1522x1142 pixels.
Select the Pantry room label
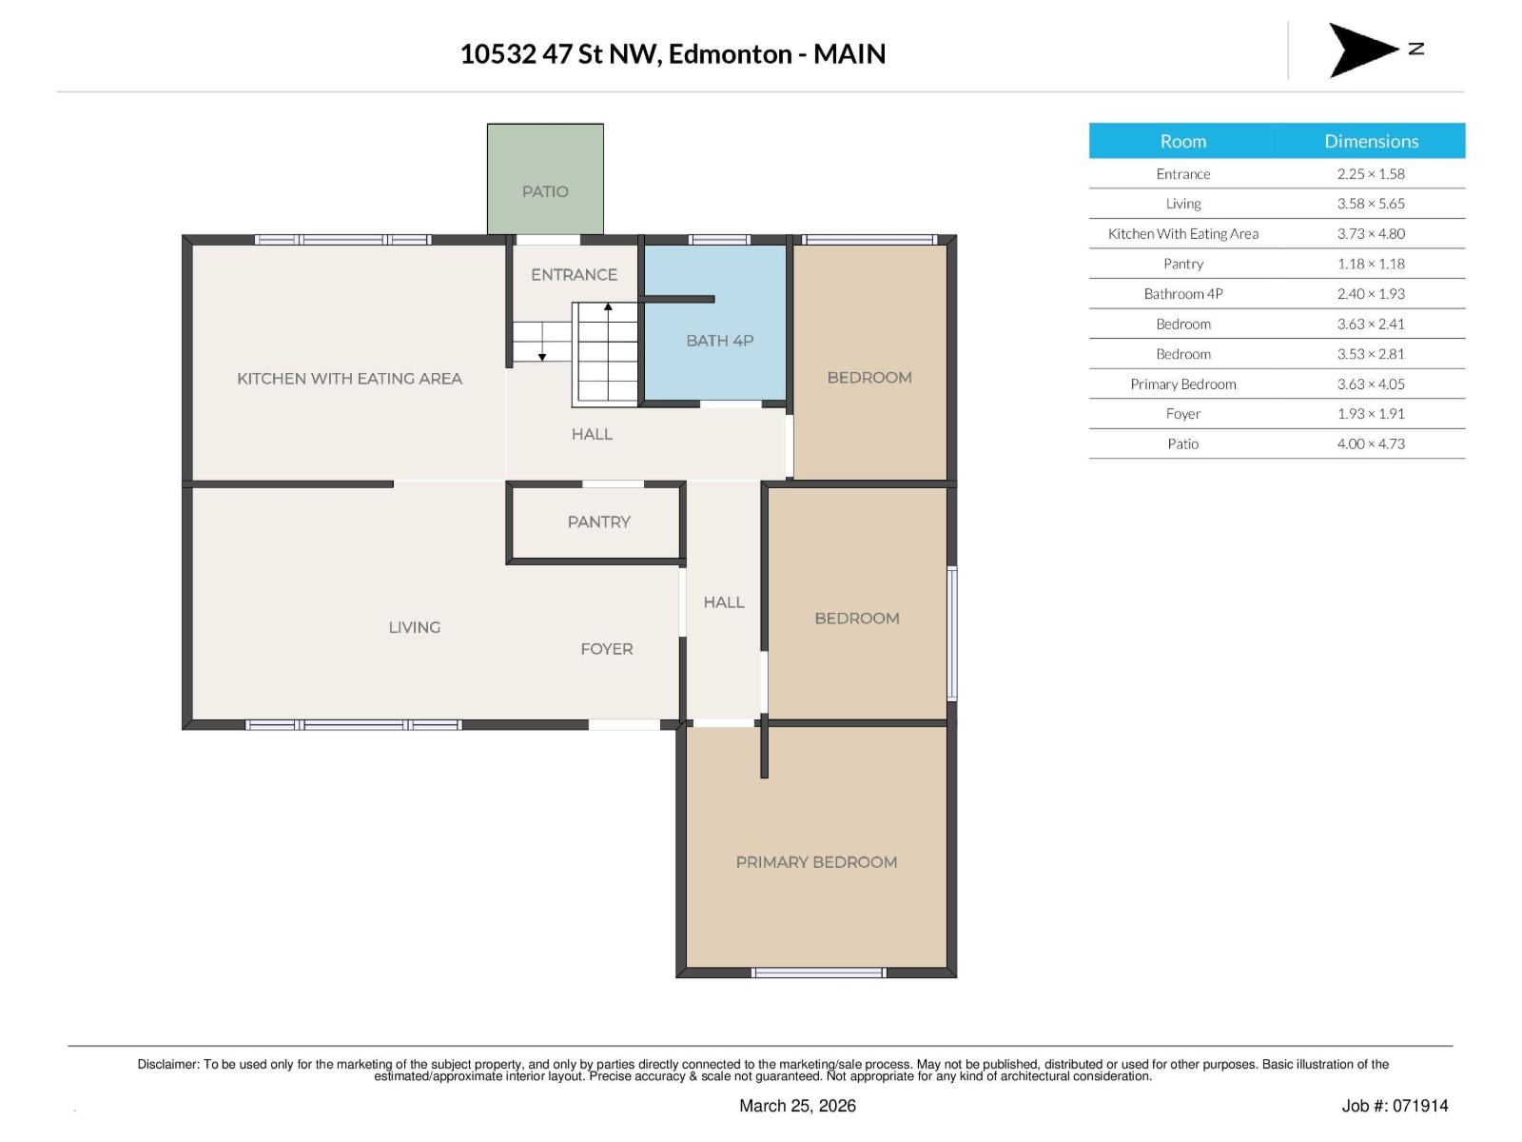click(x=598, y=522)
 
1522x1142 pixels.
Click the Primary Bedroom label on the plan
click(x=816, y=862)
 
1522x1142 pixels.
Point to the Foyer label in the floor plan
click(x=606, y=649)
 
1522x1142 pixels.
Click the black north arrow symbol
click(x=1361, y=49)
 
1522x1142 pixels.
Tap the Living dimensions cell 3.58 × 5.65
click(x=1370, y=204)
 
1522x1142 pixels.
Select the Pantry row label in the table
click(x=1182, y=264)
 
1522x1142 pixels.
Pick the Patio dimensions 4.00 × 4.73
click(x=1370, y=443)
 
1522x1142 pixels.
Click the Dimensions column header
click(x=1371, y=141)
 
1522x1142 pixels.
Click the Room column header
click(x=1182, y=141)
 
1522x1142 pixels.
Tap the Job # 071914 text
click(x=1395, y=1106)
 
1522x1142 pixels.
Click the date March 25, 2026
click(x=797, y=1106)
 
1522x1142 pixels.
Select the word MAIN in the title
click(x=849, y=54)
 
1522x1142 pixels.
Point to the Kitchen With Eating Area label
click(x=349, y=379)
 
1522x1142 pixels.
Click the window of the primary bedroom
click(x=818, y=973)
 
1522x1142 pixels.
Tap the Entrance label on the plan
click(x=574, y=275)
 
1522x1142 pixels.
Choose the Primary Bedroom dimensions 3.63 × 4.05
click(x=1370, y=384)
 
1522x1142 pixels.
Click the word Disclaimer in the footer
click(x=167, y=1064)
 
